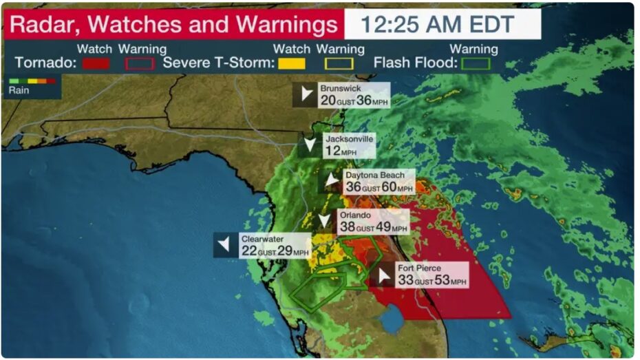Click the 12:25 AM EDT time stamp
tap(438, 25)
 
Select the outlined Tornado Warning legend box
tap(139, 63)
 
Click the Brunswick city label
tap(340, 89)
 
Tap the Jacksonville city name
tap(349, 138)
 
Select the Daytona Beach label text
tap(375, 175)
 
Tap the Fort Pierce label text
tap(419, 268)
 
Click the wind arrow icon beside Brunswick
tap(304, 95)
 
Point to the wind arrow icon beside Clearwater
tap(224, 245)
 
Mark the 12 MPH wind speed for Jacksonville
tap(333, 150)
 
